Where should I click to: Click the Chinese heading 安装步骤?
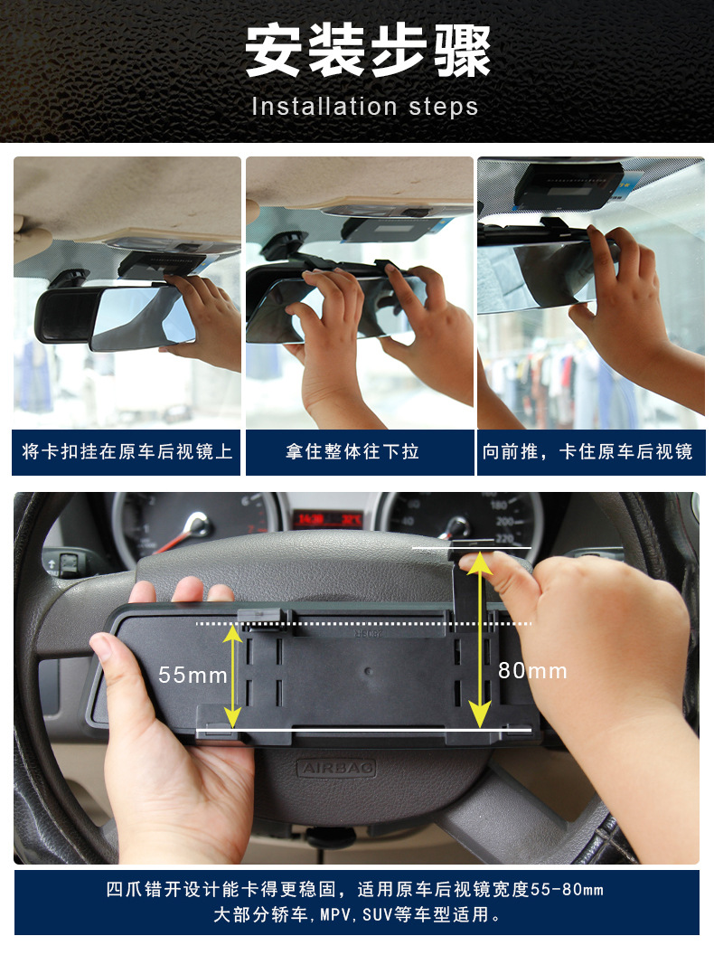(x=368, y=52)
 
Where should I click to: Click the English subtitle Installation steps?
(x=365, y=107)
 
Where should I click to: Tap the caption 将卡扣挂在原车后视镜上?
(x=127, y=451)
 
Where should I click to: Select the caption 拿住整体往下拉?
(x=352, y=451)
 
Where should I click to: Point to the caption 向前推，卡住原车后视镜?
(x=587, y=451)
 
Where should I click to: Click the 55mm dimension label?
(x=193, y=675)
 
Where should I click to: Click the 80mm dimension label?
(x=532, y=670)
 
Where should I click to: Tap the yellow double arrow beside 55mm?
(x=232, y=676)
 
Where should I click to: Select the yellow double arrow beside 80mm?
(x=480, y=640)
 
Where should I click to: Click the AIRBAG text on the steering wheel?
(x=336, y=768)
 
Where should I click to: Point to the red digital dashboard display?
(x=328, y=520)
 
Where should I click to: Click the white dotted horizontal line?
(x=363, y=624)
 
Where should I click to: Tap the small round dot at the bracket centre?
(x=368, y=672)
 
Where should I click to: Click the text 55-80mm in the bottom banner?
(x=567, y=889)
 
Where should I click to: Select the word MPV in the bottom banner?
(x=334, y=915)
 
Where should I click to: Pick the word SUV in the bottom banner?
(x=376, y=915)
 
